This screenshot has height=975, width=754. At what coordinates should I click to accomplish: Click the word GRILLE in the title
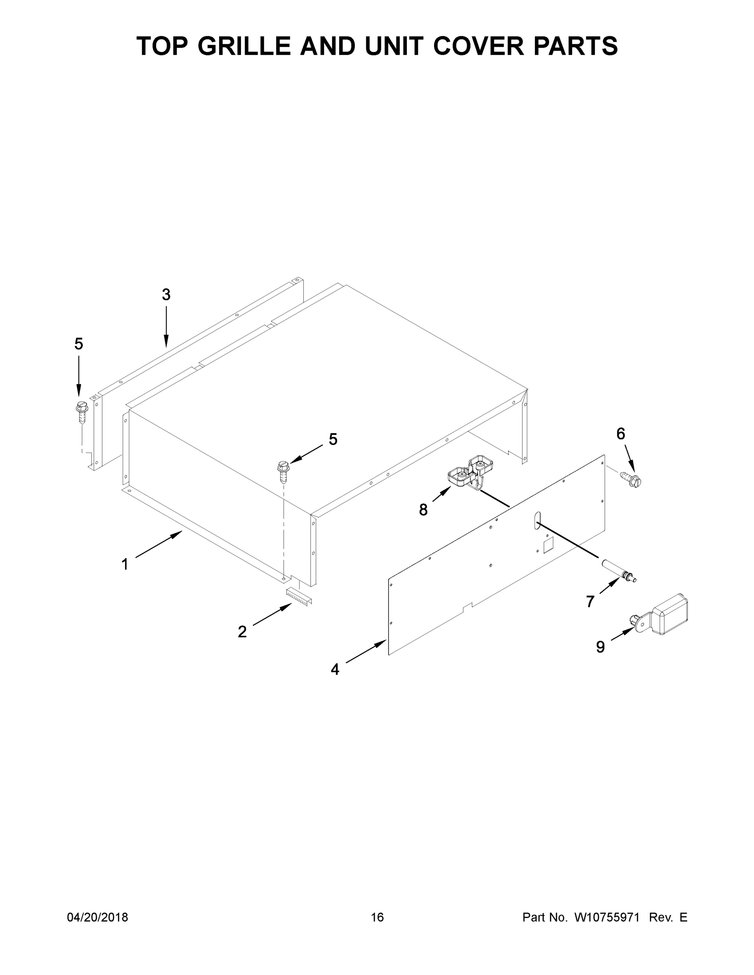point(244,46)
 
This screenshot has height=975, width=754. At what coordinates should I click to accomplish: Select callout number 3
point(166,295)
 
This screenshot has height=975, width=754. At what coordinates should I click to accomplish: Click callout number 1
point(125,564)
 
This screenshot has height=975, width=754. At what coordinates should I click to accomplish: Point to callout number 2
point(242,632)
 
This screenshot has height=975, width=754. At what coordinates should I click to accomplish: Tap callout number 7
point(590,602)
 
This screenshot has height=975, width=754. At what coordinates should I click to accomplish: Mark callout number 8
point(423,509)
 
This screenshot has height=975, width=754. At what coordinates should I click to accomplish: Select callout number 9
point(600,646)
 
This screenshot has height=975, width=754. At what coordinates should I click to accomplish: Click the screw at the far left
point(82,412)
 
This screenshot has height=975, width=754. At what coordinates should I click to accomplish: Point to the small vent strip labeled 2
point(299,596)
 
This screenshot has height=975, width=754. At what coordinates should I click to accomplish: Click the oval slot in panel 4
point(537,520)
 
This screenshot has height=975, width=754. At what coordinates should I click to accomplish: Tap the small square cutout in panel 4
point(548,545)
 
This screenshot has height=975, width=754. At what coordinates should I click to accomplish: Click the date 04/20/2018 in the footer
point(98,917)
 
